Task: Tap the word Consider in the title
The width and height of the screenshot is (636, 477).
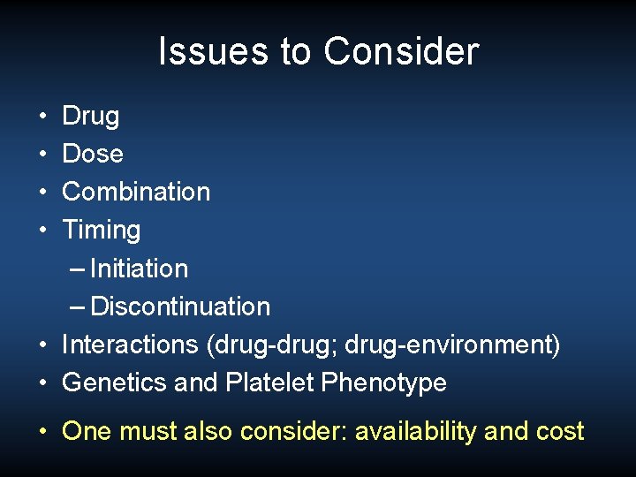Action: [400, 51]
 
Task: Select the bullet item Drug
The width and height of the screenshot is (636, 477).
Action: [90, 116]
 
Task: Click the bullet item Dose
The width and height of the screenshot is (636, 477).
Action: [93, 154]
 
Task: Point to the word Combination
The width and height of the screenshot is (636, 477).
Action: [136, 192]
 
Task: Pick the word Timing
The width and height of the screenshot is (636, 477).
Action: [102, 231]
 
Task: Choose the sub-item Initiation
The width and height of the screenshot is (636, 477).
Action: [139, 269]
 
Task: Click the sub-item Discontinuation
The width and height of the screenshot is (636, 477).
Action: [180, 307]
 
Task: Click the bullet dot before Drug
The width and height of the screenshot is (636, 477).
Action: [43, 117]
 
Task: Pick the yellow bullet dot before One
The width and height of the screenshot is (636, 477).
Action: [43, 431]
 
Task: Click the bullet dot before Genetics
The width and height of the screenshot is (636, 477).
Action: [43, 383]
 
